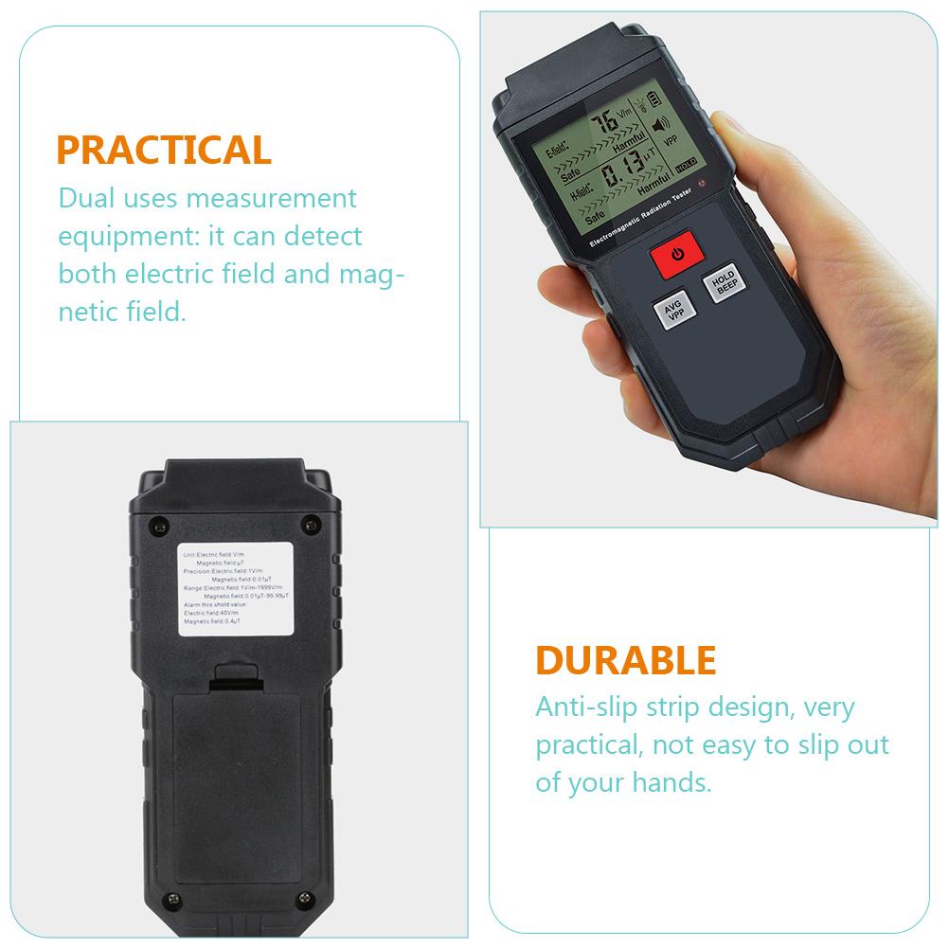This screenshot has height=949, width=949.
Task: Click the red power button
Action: pos(676,255)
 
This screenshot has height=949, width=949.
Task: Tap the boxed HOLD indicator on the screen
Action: pos(686,165)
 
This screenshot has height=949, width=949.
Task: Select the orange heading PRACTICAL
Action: pos(163,151)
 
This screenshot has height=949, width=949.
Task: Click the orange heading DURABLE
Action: pos(625,660)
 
